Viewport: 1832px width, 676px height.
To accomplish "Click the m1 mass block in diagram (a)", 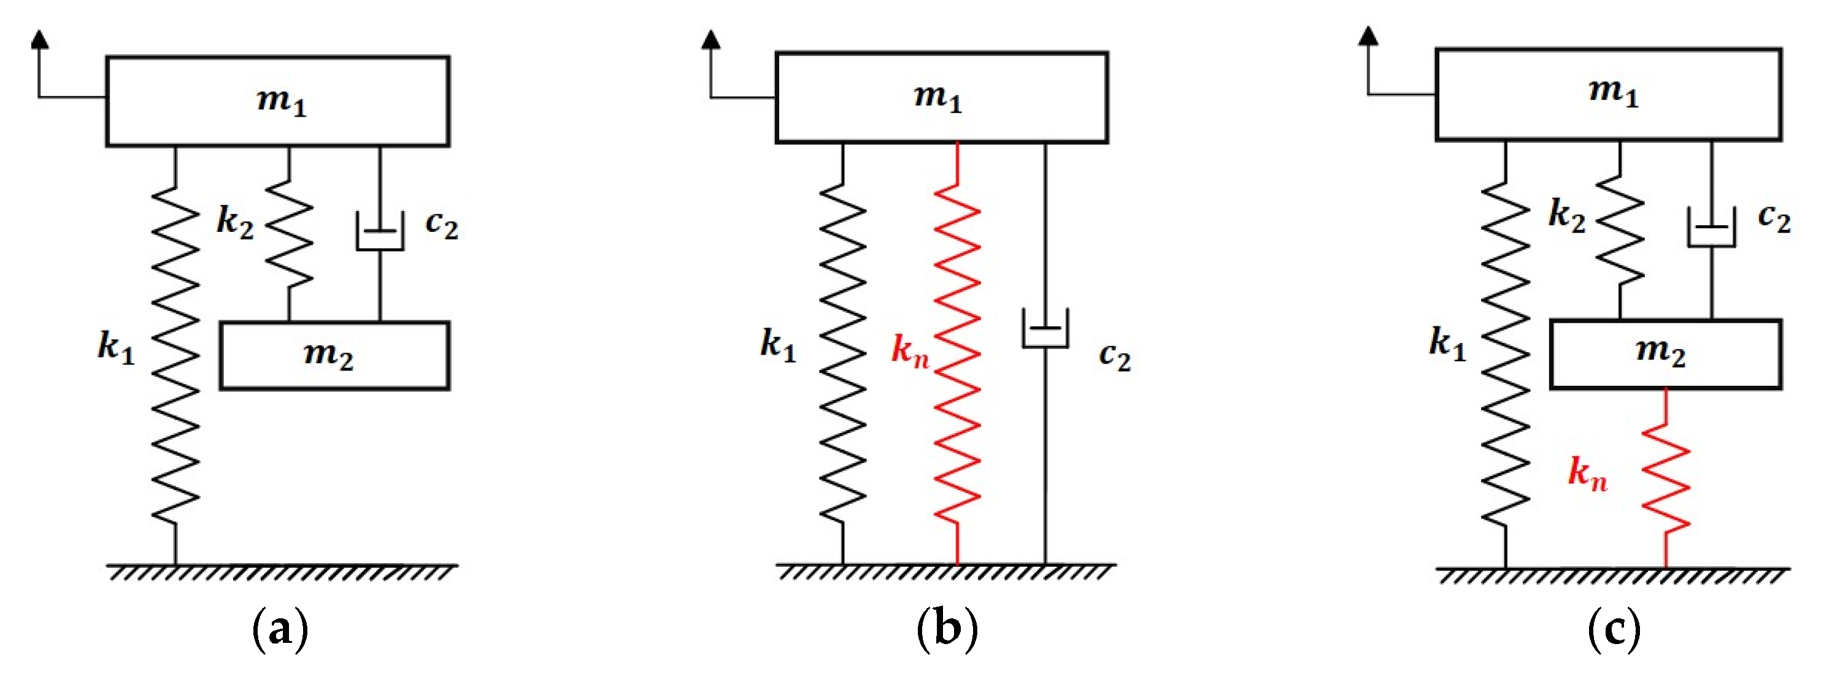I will click(277, 101).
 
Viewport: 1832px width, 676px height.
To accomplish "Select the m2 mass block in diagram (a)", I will click(334, 355).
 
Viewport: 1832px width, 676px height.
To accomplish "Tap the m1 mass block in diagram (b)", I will click(941, 98).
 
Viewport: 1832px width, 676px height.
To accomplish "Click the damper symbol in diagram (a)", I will click(380, 232).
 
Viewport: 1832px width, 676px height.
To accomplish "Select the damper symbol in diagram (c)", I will click(1711, 228).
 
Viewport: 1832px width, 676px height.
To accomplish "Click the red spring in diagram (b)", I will click(957, 355).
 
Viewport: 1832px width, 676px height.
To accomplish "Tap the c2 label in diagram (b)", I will click(1114, 355).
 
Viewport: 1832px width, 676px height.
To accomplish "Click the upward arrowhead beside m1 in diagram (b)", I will click(710, 40).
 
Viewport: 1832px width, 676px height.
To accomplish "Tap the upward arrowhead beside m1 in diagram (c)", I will click(1368, 36).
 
